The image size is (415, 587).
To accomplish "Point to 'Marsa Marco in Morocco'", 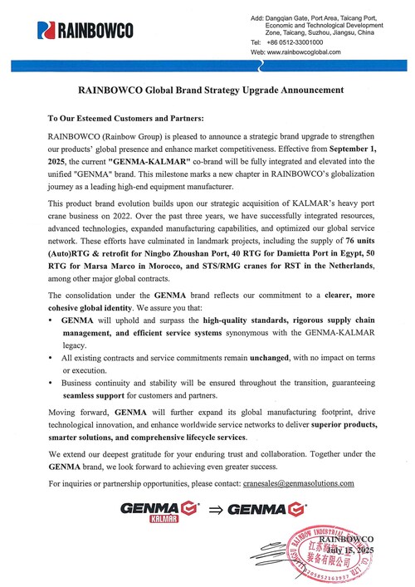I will [x=115, y=273].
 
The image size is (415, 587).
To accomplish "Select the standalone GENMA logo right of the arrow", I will [x=264, y=507].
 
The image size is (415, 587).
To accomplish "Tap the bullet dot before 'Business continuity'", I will [x=52, y=383].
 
